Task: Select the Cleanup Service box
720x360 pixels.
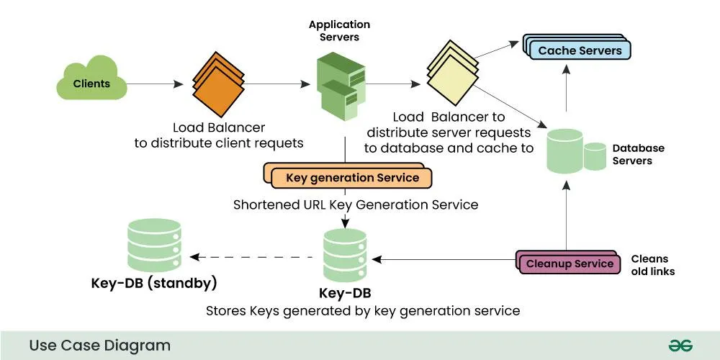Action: pyautogui.click(x=569, y=263)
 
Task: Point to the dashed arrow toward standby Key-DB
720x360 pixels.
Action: pyautogui.click(x=252, y=257)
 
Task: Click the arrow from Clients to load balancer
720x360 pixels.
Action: pyautogui.click(x=154, y=84)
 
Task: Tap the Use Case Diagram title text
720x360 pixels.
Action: pyautogui.click(x=99, y=345)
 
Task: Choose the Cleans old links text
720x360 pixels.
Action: pyautogui.click(x=652, y=265)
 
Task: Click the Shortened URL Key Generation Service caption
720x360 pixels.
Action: pyautogui.click(x=356, y=204)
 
